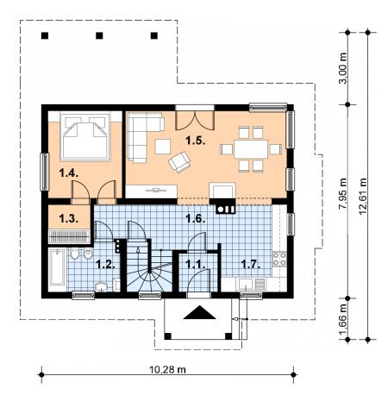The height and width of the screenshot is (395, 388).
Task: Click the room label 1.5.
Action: tap(195, 141)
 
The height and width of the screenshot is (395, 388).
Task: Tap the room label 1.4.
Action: tap(69, 173)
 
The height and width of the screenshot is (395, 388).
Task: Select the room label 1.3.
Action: tap(69, 218)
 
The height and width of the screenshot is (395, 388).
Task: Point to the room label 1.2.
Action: tap(105, 264)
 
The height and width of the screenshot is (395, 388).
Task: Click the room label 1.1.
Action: tap(196, 264)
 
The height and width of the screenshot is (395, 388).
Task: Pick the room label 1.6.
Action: tap(195, 218)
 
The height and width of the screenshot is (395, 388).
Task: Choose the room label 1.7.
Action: tap(250, 264)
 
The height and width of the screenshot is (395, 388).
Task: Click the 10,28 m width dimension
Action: tap(167, 369)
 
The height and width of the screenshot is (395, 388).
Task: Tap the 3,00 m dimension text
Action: tap(343, 68)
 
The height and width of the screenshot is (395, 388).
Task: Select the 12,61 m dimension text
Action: tap(363, 197)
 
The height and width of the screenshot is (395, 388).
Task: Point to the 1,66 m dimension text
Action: tap(343, 319)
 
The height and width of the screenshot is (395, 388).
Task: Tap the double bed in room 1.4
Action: tap(85, 136)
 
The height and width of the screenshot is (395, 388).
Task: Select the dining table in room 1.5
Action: tap(251, 149)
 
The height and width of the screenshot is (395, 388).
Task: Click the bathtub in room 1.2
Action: tap(57, 267)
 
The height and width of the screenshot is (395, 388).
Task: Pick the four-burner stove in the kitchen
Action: tap(279, 259)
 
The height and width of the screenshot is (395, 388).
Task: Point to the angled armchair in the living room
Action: tap(180, 162)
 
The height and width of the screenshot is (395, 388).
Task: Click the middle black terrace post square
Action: tap(99, 35)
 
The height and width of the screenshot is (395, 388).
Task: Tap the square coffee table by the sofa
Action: tap(163, 147)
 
